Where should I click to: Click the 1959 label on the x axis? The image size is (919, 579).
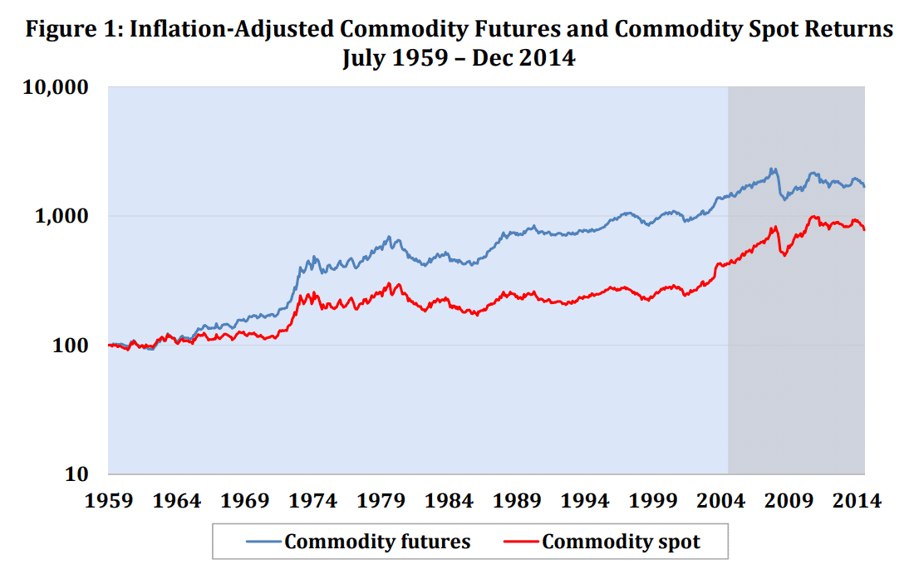click(x=110, y=501)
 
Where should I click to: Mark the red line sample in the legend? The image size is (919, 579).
click(x=521, y=542)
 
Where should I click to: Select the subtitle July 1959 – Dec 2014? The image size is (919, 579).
click(x=459, y=58)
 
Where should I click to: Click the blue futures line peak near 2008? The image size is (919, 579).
click(x=773, y=169)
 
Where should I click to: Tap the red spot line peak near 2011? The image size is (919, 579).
click(x=815, y=217)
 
